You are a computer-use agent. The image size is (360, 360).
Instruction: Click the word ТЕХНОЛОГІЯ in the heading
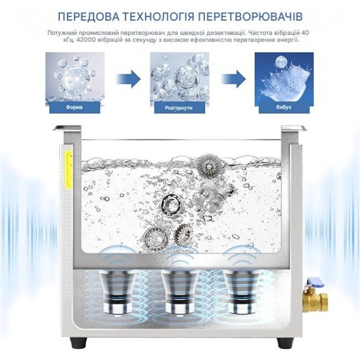[x=158, y=17]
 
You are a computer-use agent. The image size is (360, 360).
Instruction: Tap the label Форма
[x=74, y=107]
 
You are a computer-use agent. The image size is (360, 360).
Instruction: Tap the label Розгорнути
[x=179, y=107]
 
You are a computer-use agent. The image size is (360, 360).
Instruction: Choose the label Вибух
[x=284, y=107]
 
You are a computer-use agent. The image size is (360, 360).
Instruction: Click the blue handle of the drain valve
[x=314, y=281]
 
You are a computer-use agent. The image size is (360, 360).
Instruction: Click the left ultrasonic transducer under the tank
[x=117, y=292]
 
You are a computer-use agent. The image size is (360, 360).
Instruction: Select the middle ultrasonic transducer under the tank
[x=180, y=292]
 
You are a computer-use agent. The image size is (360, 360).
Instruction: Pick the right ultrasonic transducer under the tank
[x=242, y=292]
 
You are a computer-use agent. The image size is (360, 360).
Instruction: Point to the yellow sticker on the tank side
[x=69, y=170]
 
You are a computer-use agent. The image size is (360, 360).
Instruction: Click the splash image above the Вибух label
[x=284, y=79]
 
